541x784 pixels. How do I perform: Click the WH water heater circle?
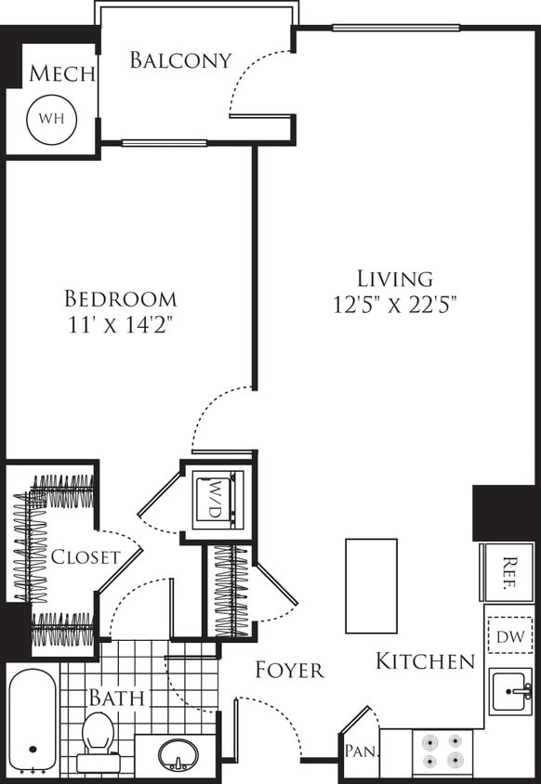pos(50,120)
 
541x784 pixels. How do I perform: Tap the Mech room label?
pos(61,74)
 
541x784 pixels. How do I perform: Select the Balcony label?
pos(179,60)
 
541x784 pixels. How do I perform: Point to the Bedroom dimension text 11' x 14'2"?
pos(121,325)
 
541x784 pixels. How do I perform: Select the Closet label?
pos(86,557)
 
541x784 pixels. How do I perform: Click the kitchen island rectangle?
pos(371,586)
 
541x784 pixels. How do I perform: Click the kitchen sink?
pos(511,691)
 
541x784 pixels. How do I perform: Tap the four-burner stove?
pos(442,751)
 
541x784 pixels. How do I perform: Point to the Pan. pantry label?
pos(358,751)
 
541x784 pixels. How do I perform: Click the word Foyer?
pos(290,670)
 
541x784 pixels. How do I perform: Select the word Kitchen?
pos(425,661)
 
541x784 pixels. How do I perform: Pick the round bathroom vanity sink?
pos(176,754)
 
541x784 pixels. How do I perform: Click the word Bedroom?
pos(121,299)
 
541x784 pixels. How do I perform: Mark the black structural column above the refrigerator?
pos(504,512)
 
